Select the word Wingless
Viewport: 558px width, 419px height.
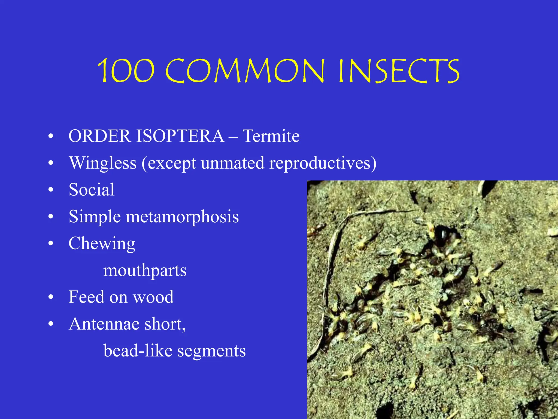(103, 163)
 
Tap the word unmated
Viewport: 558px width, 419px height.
(233, 163)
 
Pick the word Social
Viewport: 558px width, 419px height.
(92, 189)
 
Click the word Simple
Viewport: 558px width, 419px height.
(95, 217)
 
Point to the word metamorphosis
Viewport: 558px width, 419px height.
(182, 217)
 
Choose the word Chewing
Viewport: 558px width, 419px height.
(102, 243)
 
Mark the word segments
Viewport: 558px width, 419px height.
(211, 351)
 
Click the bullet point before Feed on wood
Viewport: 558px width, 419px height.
(51, 297)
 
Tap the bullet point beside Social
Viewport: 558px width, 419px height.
(51, 190)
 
